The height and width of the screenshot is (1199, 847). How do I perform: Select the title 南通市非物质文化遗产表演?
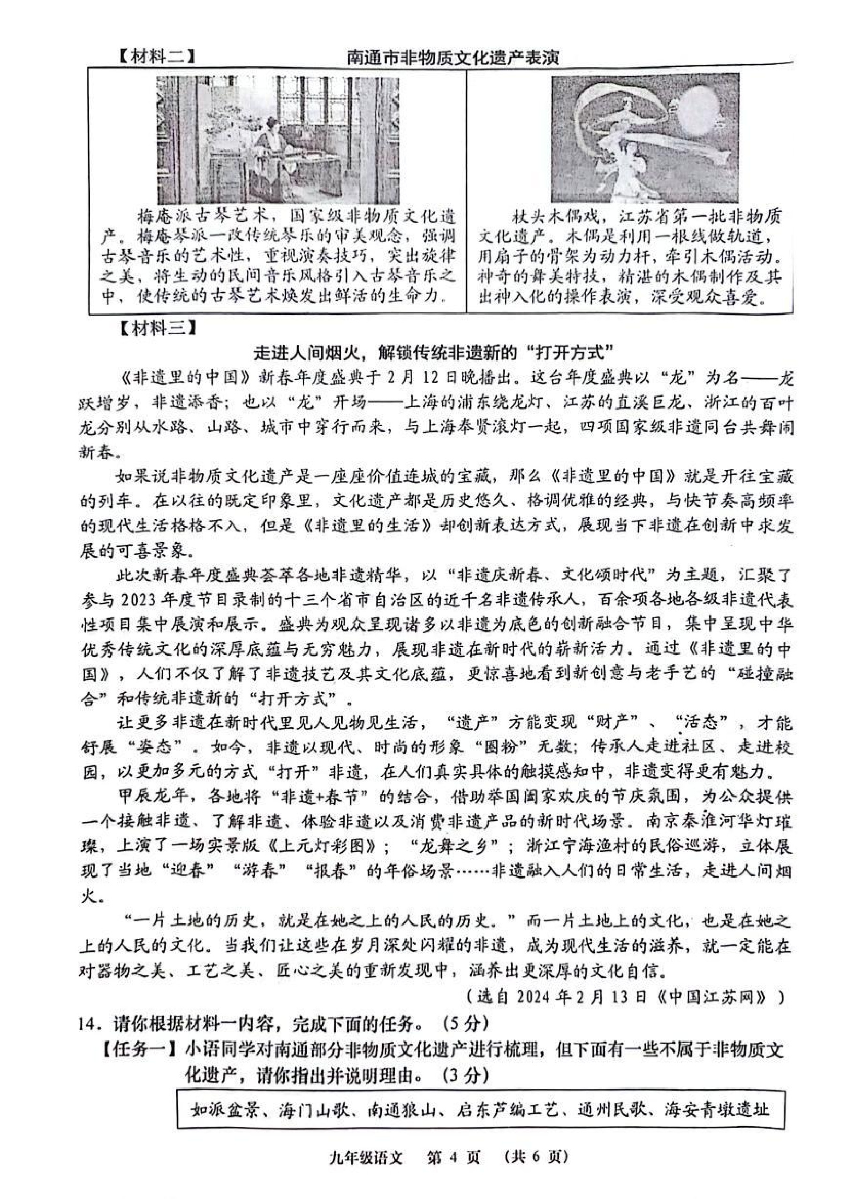[453, 57]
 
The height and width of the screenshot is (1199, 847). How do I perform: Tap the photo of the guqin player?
[278, 140]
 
